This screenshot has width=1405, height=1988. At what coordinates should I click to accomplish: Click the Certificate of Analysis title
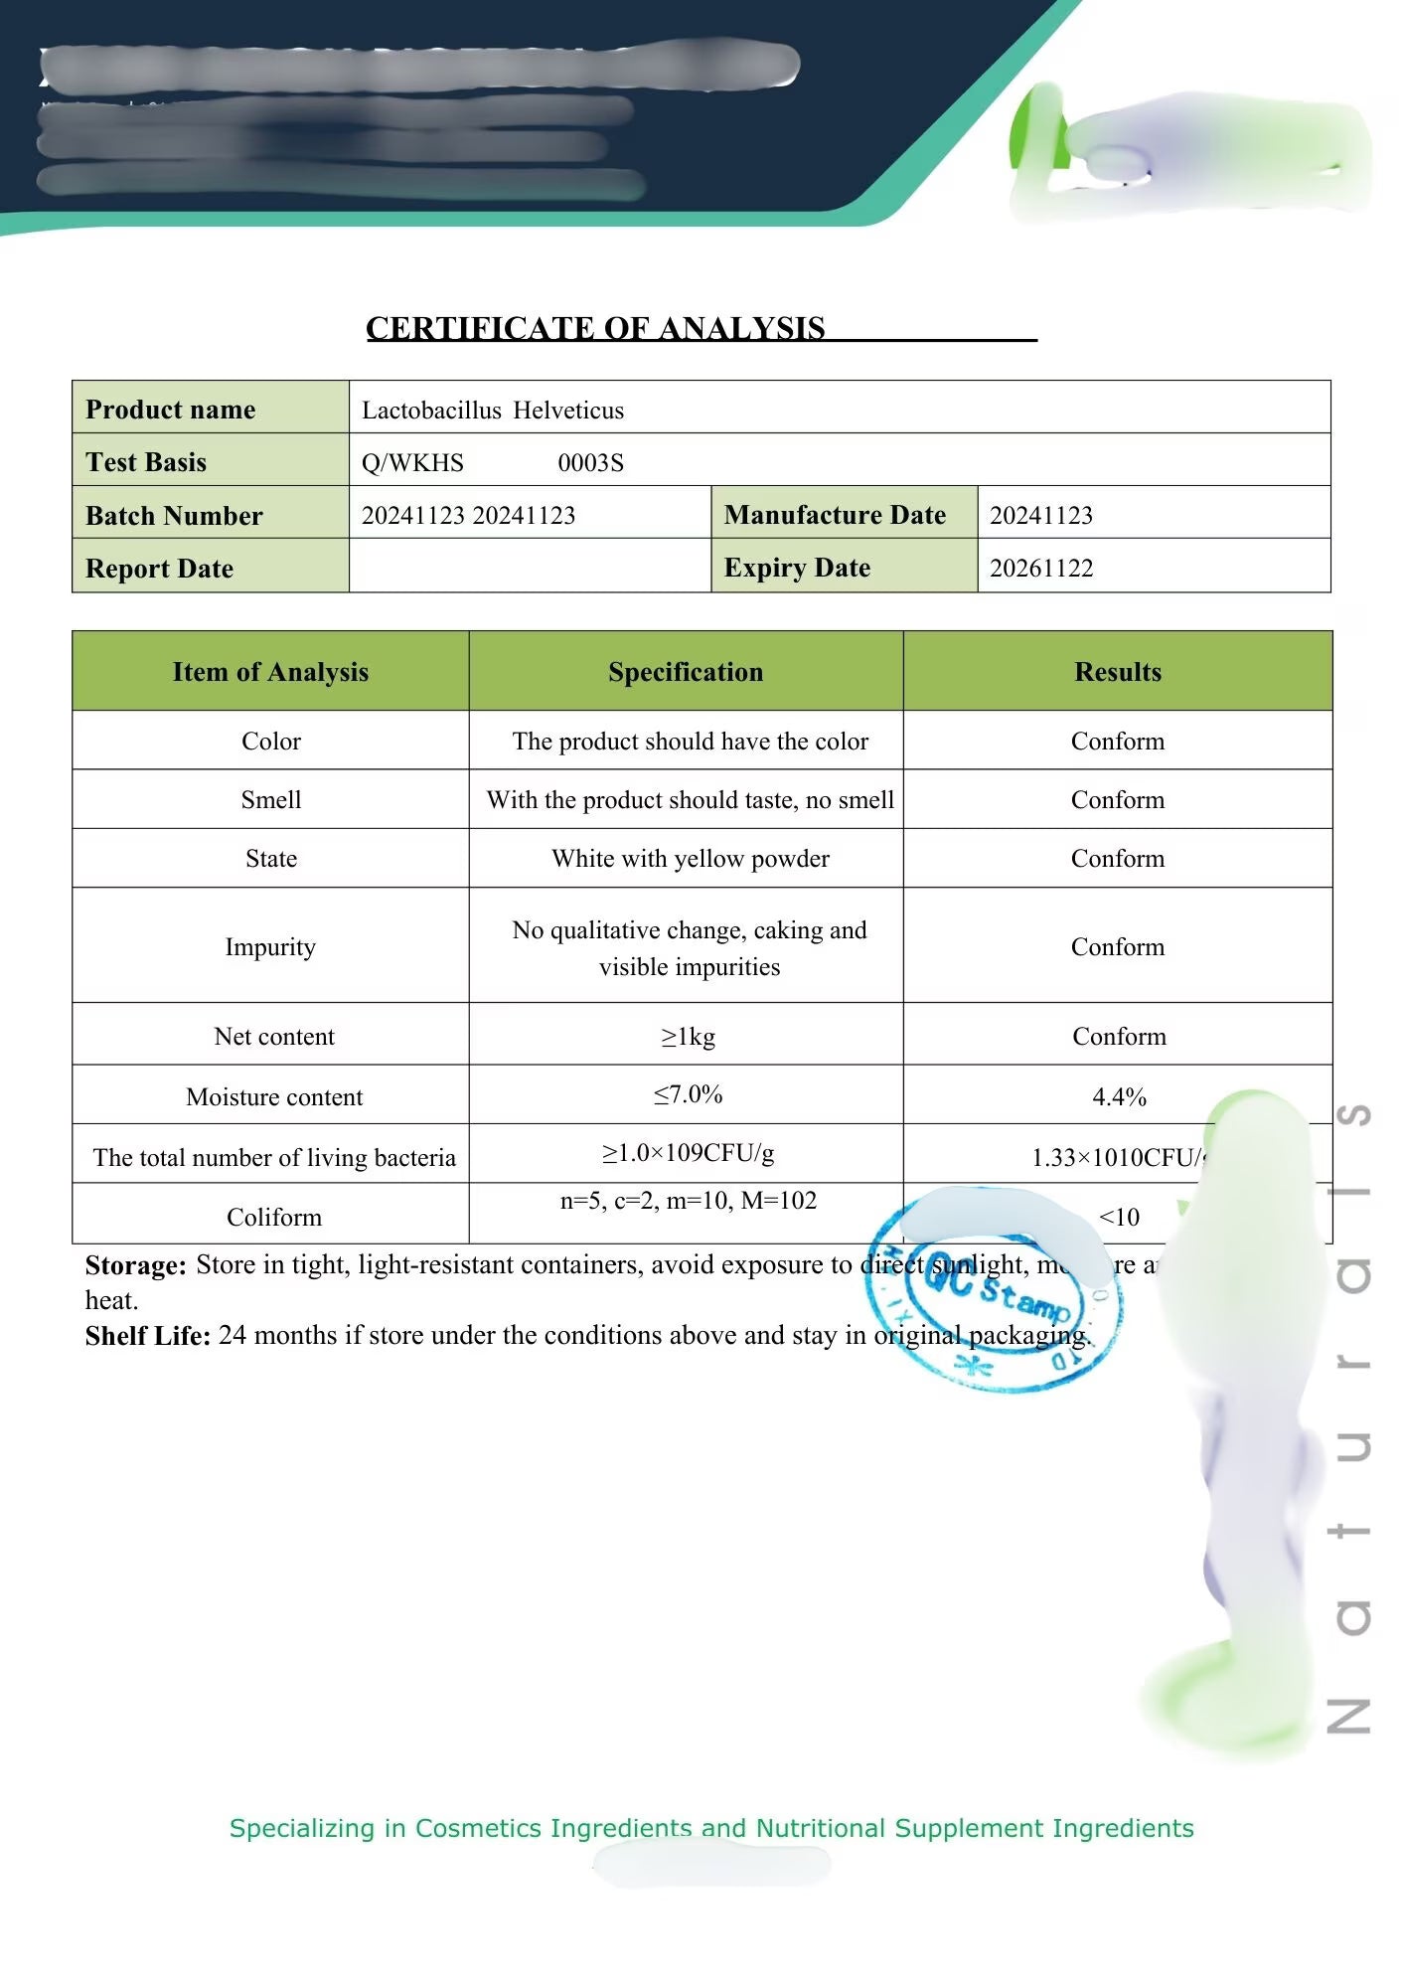[x=596, y=328]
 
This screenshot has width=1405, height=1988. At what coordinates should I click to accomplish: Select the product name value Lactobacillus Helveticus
[x=493, y=410]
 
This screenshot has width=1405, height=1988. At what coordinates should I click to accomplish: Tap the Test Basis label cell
[x=146, y=462]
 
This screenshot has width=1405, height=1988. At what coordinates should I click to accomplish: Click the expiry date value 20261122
[x=1041, y=568]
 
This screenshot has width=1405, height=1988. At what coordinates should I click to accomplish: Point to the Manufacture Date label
[x=835, y=515]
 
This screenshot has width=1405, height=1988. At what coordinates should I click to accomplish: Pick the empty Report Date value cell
[x=530, y=567]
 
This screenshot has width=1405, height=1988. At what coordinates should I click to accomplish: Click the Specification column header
[x=686, y=672]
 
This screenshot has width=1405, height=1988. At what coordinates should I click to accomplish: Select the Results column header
[x=1118, y=672]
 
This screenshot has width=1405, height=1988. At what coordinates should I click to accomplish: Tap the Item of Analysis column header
[x=270, y=672]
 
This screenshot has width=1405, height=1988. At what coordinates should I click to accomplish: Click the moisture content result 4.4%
[x=1119, y=1096]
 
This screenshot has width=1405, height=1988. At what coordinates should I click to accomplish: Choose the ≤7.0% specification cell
[x=688, y=1094]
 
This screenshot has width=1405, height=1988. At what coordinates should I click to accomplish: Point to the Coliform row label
[x=274, y=1217]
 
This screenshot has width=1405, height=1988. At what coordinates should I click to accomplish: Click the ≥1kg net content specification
[x=688, y=1037]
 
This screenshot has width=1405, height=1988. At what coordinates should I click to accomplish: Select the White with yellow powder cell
[x=690, y=858]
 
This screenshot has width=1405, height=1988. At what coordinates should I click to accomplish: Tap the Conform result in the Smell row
[x=1118, y=800]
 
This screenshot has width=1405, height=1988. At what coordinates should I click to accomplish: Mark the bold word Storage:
[x=135, y=1265]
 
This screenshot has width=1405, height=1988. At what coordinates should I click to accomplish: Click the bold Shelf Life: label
[x=147, y=1336]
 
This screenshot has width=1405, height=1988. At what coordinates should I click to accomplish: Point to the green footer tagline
[x=711, y=1828]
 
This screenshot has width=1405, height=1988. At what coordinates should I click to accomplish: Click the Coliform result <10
[x=1119, y=1217]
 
